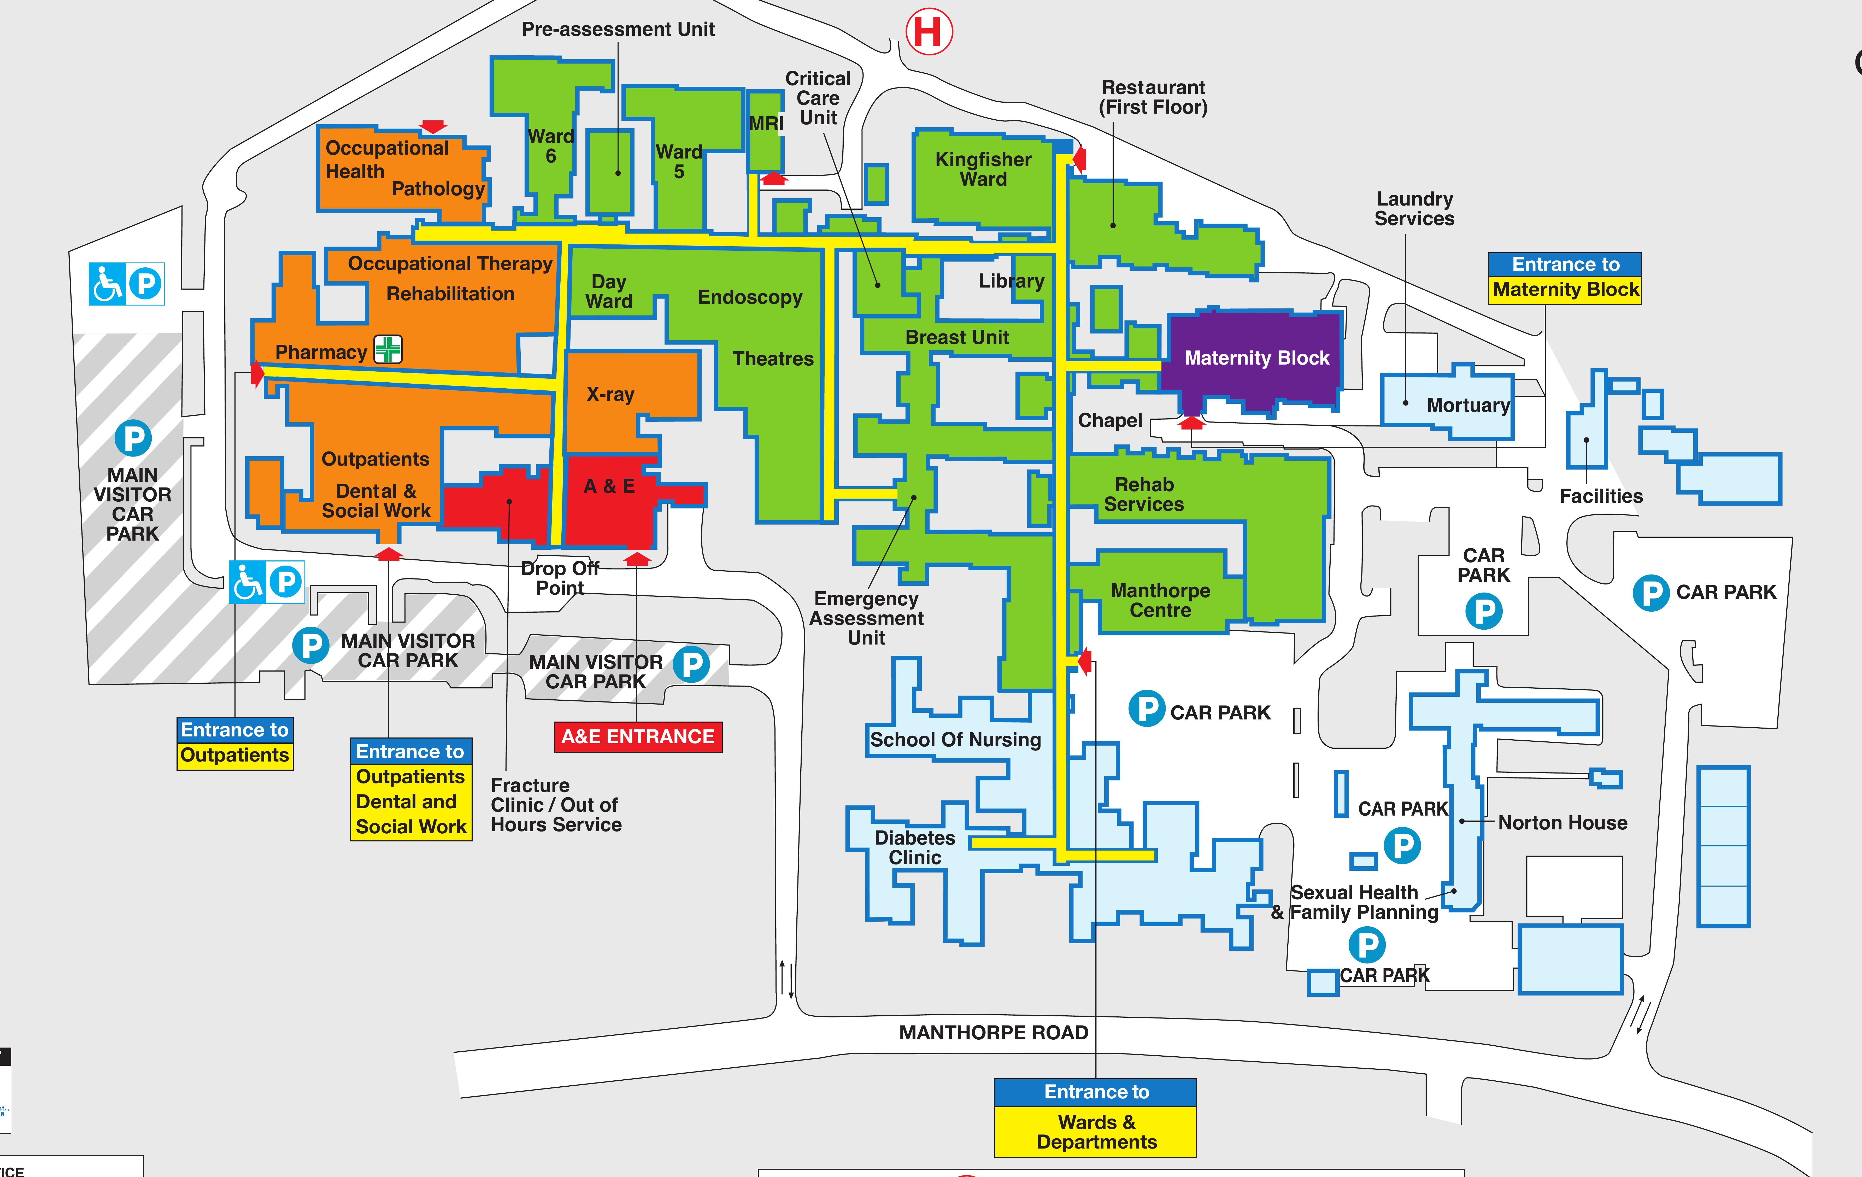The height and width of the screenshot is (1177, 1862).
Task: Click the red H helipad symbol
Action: (929, 32)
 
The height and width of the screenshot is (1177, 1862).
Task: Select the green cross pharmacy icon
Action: (388, 349)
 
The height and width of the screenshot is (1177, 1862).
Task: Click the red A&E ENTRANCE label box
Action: (638, 736)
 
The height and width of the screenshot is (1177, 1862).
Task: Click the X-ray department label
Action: (610, 394)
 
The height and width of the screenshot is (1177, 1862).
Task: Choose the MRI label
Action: (766, 124)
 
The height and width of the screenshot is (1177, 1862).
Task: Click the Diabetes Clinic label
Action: (915, 848)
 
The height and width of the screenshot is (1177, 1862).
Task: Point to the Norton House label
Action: (1562, 823)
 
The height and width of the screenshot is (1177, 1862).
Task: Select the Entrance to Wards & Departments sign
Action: (1096, 1118)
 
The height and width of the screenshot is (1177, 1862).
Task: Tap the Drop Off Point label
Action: (560, 578)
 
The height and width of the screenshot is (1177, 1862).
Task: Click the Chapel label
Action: (1110, 421)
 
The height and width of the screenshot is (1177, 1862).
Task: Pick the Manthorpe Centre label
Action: (1160, 600)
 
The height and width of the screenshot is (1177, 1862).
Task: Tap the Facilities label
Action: (1601, 496)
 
